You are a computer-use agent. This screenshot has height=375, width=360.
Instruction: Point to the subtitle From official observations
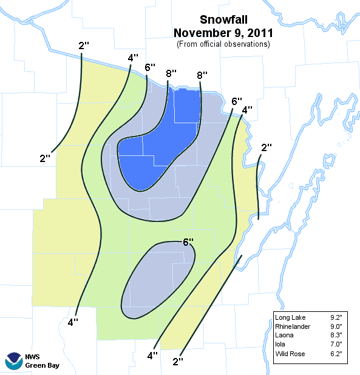[223, 44]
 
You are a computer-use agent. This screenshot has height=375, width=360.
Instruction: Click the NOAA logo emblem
[13, 361]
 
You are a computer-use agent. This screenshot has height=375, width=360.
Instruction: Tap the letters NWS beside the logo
[33, 356]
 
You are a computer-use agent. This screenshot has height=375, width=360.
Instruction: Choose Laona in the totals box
[284, 335]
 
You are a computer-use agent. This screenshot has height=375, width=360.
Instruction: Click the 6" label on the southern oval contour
[188, 242]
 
